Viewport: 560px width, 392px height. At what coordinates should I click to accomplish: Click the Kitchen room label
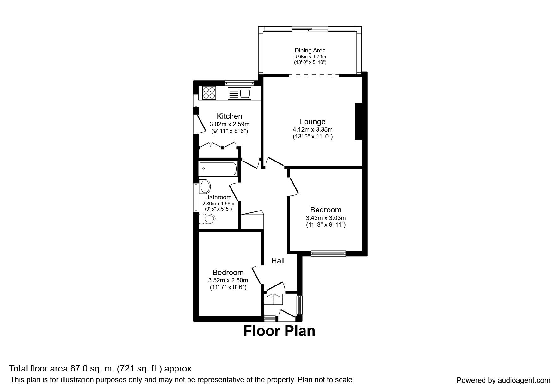pos(229,116)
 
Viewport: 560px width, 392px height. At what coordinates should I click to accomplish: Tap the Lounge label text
pos(312,122)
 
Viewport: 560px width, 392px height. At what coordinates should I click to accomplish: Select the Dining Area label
pos(310,50)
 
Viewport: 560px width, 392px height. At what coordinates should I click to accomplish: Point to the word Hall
pos(278,261)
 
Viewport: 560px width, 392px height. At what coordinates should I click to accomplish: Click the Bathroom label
pos(218,197)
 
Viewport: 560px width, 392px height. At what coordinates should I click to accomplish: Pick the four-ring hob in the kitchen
pos(209,93)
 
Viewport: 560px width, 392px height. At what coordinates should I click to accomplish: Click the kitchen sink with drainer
pos(239,93)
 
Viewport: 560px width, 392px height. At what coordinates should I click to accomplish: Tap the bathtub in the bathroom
pos(218,169)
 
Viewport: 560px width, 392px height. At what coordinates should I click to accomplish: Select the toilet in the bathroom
pos(206,218)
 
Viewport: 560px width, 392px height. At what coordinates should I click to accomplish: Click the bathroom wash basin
pos(205,187)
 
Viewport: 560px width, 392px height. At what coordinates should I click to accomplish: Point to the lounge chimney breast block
pos(359,121)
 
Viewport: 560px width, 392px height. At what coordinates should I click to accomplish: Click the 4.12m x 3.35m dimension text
pos(312,130)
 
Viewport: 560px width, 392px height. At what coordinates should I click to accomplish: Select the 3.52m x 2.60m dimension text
pos(228,280)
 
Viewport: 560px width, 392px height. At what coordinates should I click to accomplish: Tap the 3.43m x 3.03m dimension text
pos(326,218)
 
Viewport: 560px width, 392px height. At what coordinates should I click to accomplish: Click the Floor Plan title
pos(279,331)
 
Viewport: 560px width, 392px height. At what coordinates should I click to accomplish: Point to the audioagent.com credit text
pos(503,380)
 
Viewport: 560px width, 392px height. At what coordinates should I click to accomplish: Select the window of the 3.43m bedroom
pos(328,253)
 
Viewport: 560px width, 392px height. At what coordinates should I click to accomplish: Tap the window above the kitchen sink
pos(239,83)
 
